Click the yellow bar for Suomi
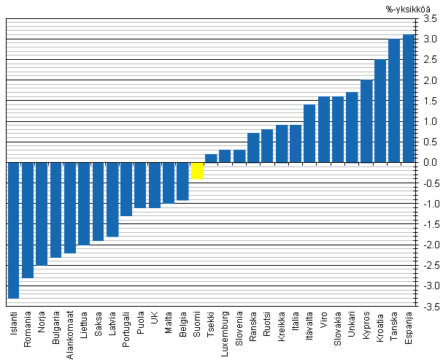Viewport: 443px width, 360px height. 197,170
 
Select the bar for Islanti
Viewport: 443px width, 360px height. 13,230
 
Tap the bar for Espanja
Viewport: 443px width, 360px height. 409,98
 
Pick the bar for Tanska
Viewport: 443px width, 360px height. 394,100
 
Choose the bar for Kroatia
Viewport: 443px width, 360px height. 380,110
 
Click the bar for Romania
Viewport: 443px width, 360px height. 28,220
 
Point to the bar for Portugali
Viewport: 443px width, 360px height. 126,188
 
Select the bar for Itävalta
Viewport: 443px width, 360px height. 309,133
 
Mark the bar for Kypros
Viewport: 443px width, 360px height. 366,120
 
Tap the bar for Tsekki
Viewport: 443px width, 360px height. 211,158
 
